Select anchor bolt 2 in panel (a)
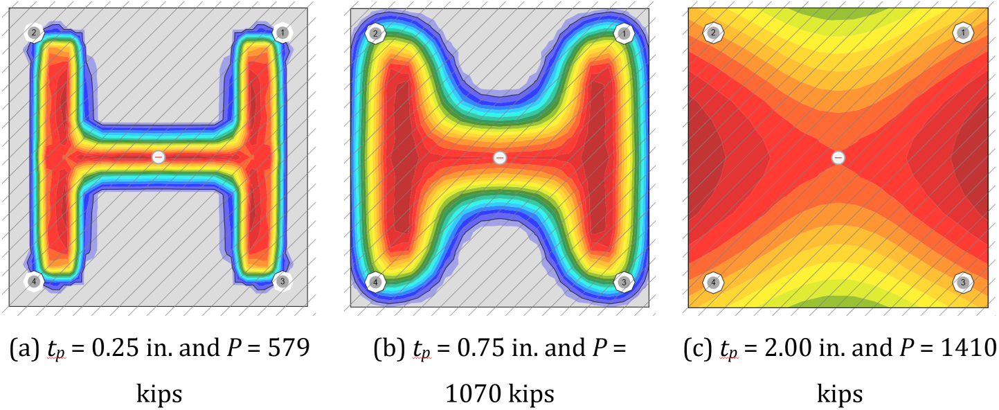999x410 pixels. pos(35,33)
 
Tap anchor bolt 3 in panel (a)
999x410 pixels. pos(281,281)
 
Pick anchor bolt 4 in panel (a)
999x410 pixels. pos(35,281)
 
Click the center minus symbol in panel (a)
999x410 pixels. pos(159,157)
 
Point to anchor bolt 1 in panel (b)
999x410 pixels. pos(624,33)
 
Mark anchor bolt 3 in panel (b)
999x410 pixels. pos(624,282)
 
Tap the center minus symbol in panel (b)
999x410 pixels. pos(500,158)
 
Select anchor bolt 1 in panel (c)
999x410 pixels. pos(962,33)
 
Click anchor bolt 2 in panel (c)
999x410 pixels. pos(713,33)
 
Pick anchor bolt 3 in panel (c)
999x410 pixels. pos(962,282)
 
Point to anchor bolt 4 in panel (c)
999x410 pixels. pos(713,282)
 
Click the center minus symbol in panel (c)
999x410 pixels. pos(838,158)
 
